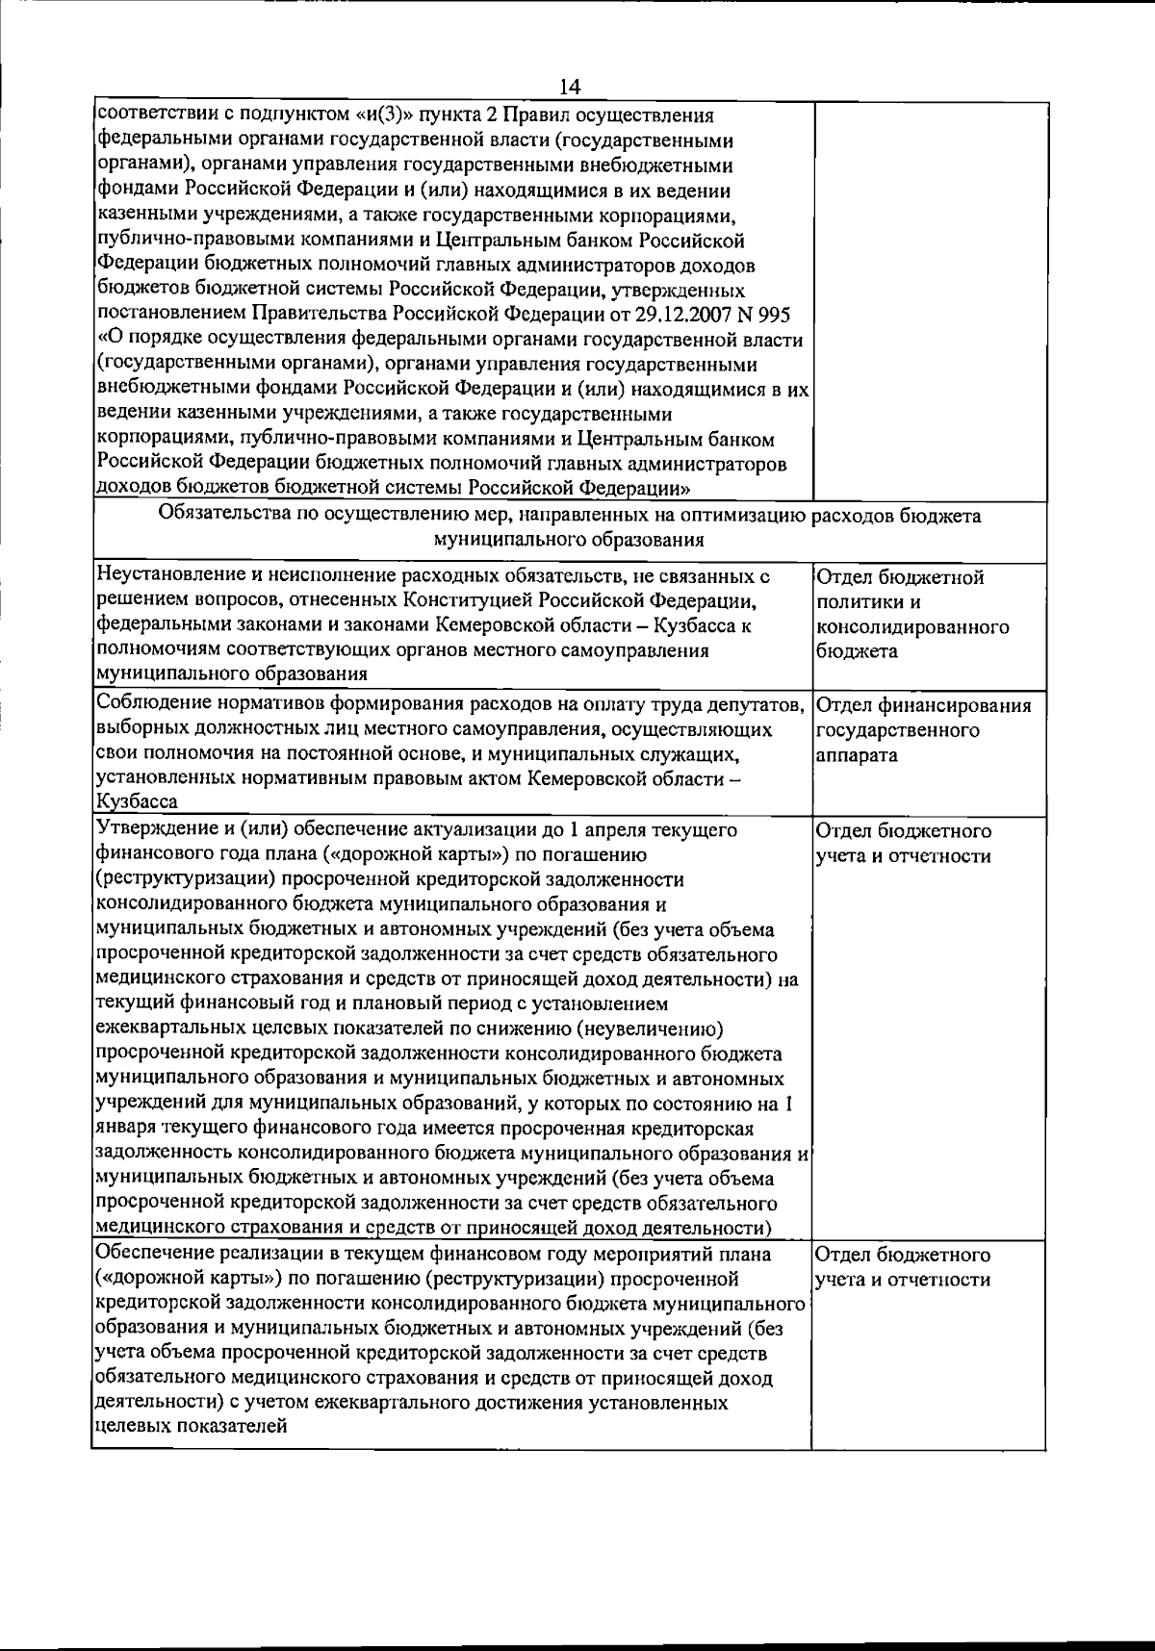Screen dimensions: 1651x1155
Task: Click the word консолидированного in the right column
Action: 911,627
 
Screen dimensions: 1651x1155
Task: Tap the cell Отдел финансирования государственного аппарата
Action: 922,731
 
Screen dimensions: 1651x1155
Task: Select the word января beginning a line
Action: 125,1129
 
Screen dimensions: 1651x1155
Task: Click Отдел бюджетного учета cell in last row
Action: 903,1267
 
